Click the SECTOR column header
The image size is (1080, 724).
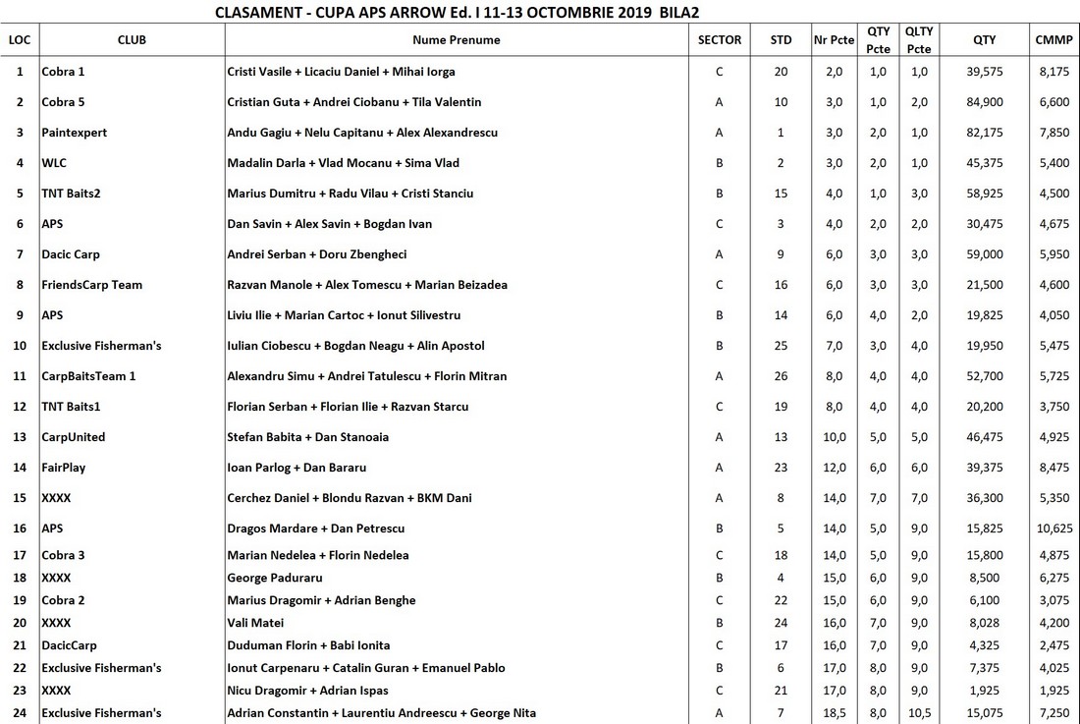click(719, 40)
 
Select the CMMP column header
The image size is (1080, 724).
click(1053, 40)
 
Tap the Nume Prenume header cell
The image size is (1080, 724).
click(456, 40)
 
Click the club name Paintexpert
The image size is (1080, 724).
click(75, 133)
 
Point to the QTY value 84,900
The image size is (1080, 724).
click(984, 102)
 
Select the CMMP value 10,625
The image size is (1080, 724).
click(1053, 529)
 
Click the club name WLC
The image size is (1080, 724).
click(54, 163)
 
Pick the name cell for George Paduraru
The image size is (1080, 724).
click(275, 578)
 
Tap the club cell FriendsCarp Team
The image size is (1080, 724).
click(91, 285)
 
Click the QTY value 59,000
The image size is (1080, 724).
click(984, 254)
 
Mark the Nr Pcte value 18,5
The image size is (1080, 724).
click(834, 712)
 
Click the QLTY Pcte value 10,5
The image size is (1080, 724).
click(919, 712)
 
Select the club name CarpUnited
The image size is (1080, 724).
click(74, 437)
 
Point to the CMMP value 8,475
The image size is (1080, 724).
click(1053, 468)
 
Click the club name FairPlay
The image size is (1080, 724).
click(64, 468)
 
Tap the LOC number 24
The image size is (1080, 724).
click(20, 712)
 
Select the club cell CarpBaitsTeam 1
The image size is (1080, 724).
click(88, 376)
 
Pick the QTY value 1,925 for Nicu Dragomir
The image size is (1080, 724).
click(984, 691)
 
